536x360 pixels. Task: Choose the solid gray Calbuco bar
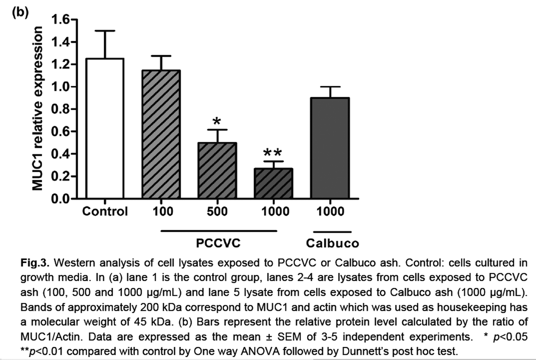point(331,148)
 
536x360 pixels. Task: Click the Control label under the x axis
point(105,211)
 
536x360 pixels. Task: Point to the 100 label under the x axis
point(162,211)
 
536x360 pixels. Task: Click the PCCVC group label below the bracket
point(218,243)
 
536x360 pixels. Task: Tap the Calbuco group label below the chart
point(332,243)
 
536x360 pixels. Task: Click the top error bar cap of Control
point(105,31)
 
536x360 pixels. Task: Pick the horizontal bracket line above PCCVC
point(218,230)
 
